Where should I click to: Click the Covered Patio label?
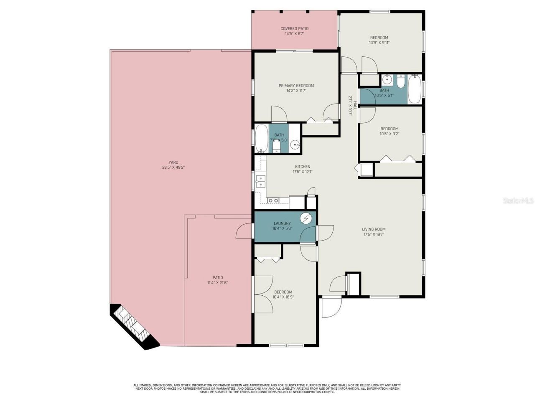pyautogui.click(x=294, y=28)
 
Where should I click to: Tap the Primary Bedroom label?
pyautogui.click(x=296, y=86)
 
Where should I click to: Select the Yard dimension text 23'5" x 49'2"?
pyautogui.click(x=173, y=168)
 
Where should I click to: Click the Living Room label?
pyautogui.click(x=374, y=229)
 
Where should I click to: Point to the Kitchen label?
pyautogui.click(x=302, y=167)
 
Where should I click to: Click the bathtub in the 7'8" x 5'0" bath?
pyautogui.click(x=262, y=139)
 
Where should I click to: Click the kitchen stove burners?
pyautogui.click(x=273, y=201)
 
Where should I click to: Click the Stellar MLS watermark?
pyautogui.click(x=518, y=201)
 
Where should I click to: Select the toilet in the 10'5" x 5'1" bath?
pyautogui.click(x=401, y=82)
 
